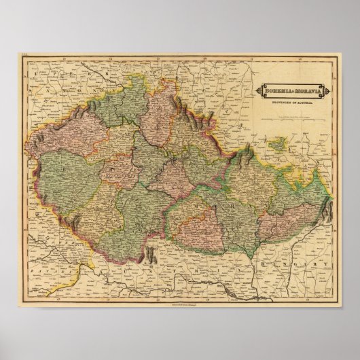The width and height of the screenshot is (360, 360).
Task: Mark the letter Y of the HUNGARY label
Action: (329, 265)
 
